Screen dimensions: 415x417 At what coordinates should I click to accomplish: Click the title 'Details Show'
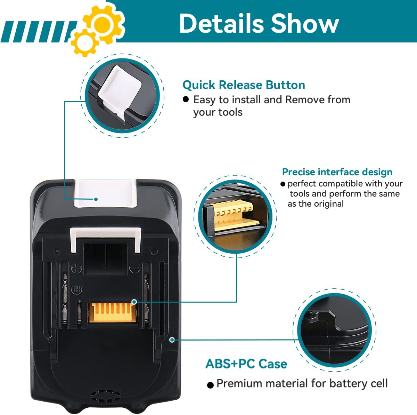pos(259,23)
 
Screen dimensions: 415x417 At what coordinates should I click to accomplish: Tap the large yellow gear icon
pos(103,23)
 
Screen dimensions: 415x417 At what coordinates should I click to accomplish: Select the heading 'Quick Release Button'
pos(244,85)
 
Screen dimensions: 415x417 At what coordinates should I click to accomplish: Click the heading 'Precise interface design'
pos(337,172)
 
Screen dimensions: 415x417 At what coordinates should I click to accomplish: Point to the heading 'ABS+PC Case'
pos(246,364)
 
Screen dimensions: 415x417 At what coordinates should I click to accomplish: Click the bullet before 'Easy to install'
pos(186,99)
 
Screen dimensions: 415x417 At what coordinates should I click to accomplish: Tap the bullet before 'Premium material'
pos(210,385)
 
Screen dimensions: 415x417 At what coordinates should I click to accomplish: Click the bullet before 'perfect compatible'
pos(283,184)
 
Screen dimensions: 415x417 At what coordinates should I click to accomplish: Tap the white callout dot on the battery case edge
pos(172,340)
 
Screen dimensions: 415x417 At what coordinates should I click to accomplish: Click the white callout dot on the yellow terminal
pos(134,302)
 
